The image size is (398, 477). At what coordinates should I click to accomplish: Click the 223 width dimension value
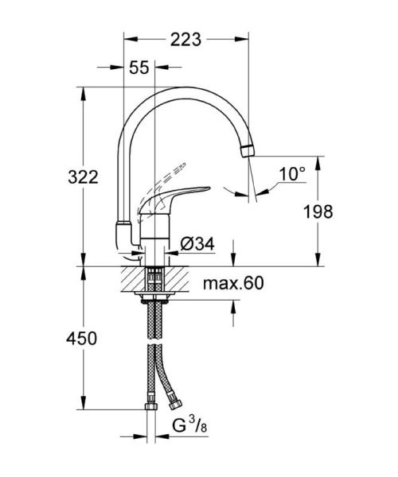(185, 37)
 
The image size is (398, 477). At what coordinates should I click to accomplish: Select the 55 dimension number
(139, 68)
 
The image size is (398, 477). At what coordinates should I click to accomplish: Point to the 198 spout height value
(316, 211)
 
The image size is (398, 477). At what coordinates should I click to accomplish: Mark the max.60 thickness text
(232, 283)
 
